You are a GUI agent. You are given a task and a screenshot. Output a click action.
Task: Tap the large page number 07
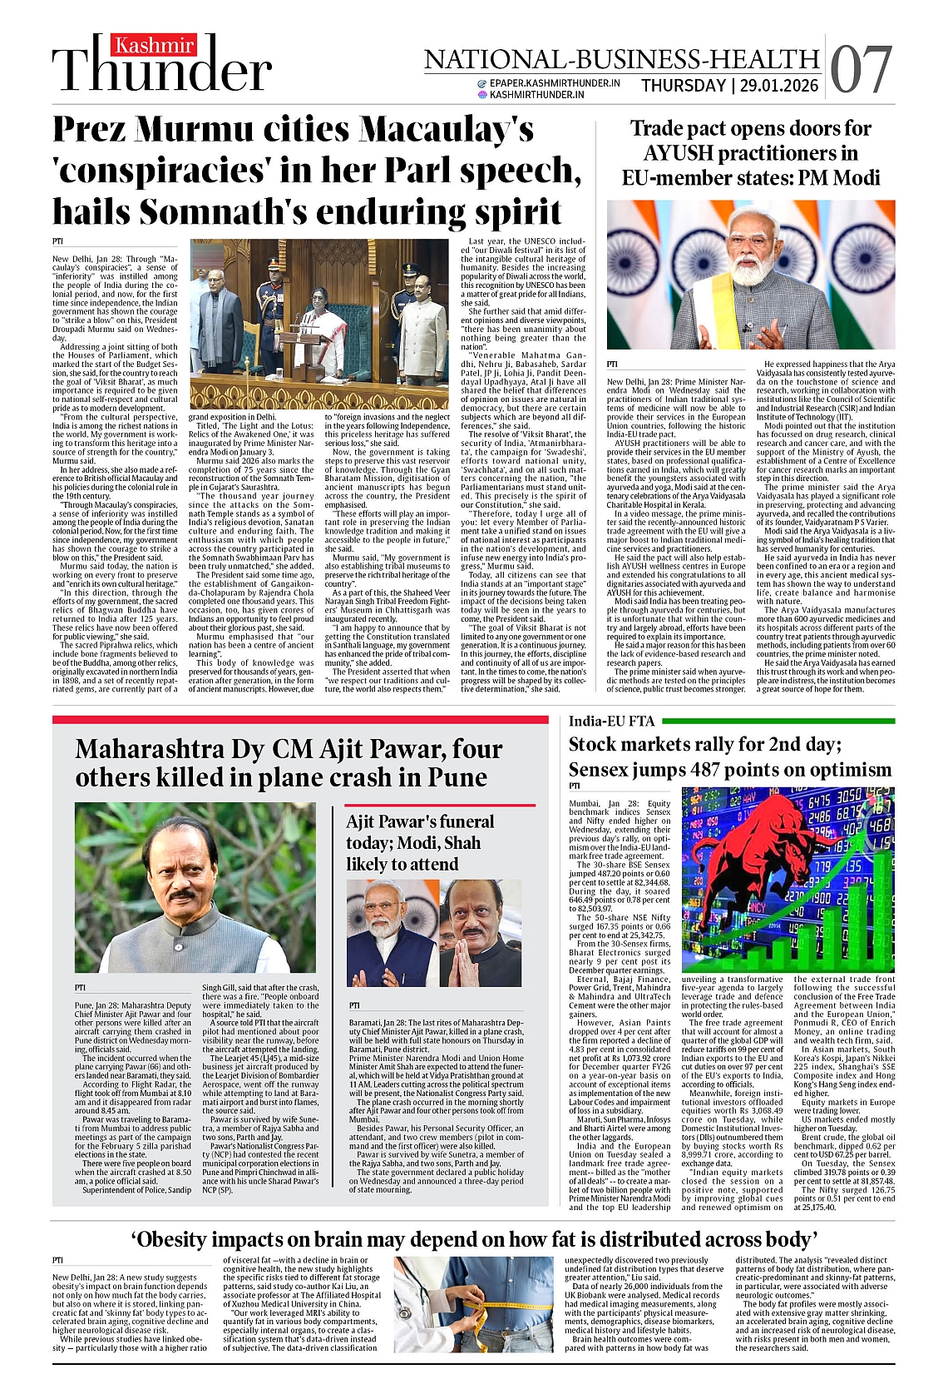(x=862, y=70)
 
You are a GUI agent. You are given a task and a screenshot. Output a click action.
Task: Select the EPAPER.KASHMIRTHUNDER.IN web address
(x=555, y=83)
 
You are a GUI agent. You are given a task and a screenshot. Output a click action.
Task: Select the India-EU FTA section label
(x=611, y=721)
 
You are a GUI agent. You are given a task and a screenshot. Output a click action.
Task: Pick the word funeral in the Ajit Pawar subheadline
(x=458, y=821)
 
